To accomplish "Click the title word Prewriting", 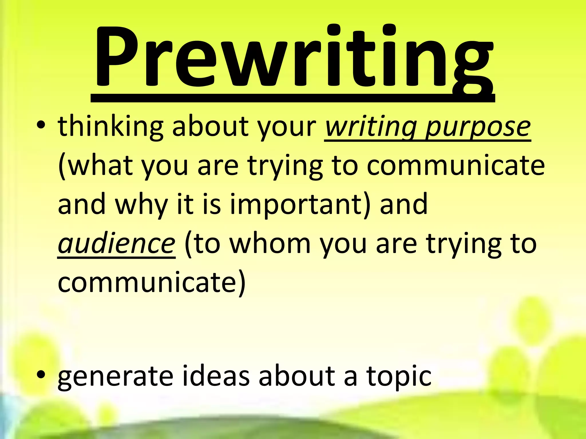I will pos(293,57).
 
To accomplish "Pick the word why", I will pos(141,205).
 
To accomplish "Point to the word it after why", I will pos(185,205).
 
